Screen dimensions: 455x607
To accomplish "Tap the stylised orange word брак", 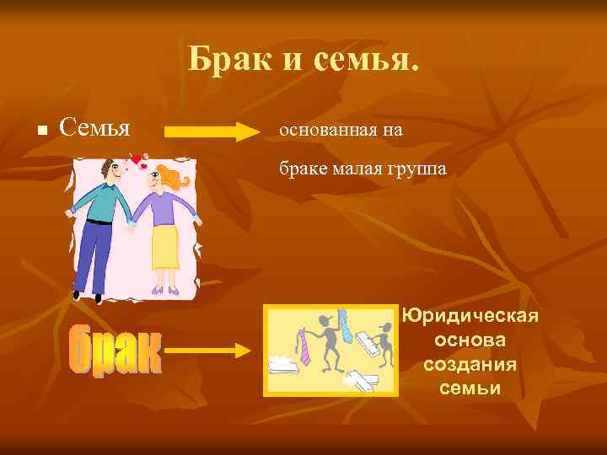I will [115, 351].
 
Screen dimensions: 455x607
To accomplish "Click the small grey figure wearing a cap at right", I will [384, 345].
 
